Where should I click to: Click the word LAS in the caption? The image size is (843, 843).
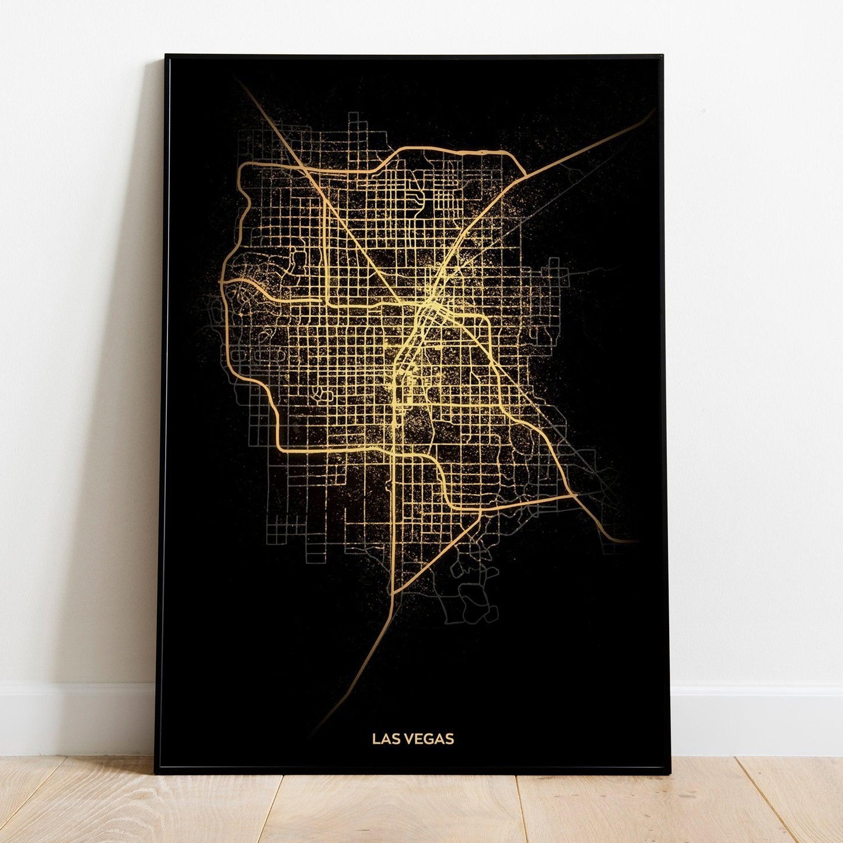383,739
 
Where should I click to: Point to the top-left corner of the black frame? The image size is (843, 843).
166,56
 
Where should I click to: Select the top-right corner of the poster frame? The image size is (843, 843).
662,57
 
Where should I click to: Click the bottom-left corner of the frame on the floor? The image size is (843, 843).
156,772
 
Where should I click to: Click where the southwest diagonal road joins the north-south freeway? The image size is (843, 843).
394,594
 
